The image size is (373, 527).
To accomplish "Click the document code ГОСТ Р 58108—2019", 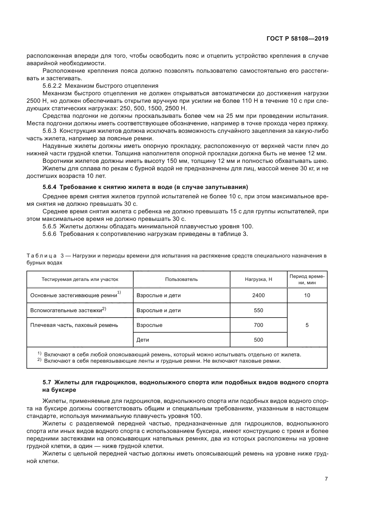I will coord(297,39).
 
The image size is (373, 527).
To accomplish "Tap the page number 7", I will coord(326,479).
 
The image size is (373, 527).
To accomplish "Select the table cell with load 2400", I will coord(258,295).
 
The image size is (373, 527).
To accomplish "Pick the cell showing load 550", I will coord(258,310).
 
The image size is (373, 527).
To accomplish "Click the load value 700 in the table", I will coord(258,325).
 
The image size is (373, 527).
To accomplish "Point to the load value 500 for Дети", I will coord(258,340).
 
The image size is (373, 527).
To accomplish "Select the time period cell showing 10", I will coord(307,295).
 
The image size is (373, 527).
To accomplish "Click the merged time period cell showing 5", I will coord(307,325).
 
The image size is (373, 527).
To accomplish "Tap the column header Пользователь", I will coord(181,279).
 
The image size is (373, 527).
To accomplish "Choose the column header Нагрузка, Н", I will coord(258,279).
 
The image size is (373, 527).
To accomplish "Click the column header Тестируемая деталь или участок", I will coord(80,279).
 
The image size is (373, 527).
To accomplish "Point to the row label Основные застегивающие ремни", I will coord(74,296).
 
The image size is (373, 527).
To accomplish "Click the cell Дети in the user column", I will coord(143,340).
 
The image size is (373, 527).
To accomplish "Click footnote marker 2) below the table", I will coord(39,360).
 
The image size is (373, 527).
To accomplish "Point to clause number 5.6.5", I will coord(50,226).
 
